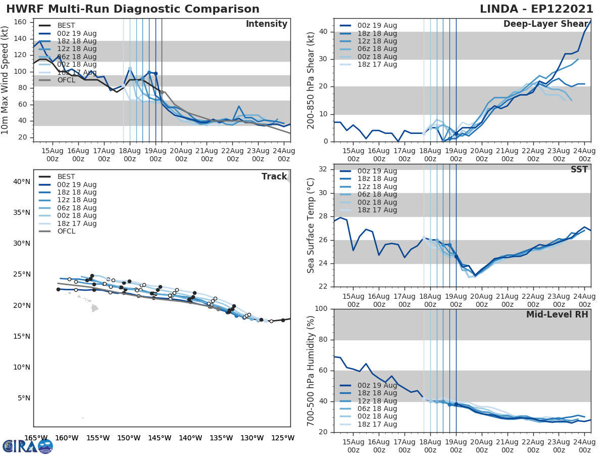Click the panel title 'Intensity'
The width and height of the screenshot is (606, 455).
click(266, 24)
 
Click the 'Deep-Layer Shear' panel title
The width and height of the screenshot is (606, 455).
click(545, 24)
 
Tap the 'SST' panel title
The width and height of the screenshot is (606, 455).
click(579, 169)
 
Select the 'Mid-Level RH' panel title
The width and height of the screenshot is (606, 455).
click(557, 314)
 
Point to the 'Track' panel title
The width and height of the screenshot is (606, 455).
click(274, 176)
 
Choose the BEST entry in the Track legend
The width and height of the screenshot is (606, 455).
click(66, 177)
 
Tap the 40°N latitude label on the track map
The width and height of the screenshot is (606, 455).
click(21, 181)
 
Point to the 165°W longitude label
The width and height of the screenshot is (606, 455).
click(36, 438)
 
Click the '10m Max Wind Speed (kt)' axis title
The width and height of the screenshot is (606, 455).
click(6, 80)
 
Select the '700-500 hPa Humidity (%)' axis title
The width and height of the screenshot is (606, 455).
click(311, 371)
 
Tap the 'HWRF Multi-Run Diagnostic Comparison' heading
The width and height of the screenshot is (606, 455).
click(133, 9)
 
